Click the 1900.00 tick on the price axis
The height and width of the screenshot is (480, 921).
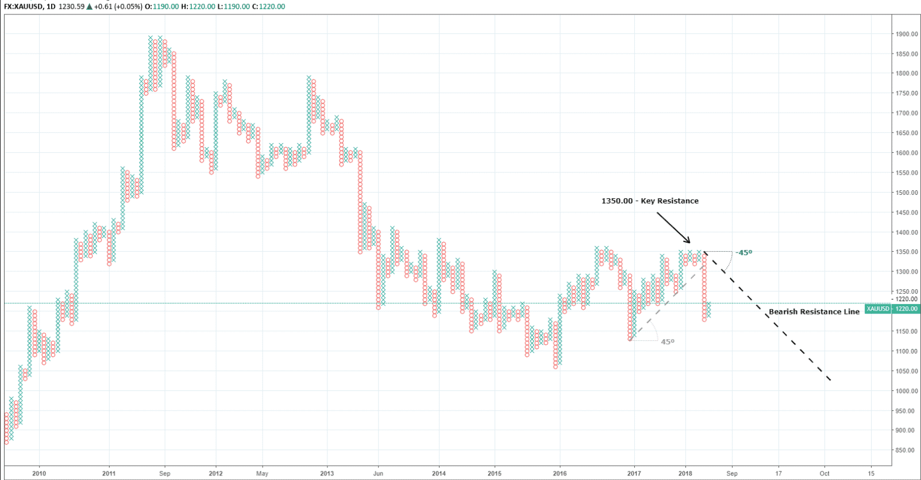[906, 34]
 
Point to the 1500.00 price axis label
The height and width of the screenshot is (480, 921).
[906, 193]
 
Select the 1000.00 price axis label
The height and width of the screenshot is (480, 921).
[906, 391]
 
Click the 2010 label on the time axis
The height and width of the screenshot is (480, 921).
[39, 474]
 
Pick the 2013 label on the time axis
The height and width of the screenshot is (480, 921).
[327, 474]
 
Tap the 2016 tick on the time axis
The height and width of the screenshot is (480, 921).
[560, 474]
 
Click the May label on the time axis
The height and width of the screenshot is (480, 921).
[262, 474]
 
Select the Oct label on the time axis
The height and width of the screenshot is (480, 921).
[824, 474]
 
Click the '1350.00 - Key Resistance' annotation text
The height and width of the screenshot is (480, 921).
[650, 201]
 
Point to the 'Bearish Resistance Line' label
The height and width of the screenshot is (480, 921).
[814, 312]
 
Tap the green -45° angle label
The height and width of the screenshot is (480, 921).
[744, 252]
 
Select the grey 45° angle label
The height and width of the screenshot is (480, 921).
[668, 341]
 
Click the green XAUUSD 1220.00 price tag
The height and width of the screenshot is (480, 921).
[892, 309]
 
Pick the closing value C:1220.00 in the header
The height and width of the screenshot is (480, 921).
[268, 7]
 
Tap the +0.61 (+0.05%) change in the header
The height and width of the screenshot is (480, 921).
[115, 7]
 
